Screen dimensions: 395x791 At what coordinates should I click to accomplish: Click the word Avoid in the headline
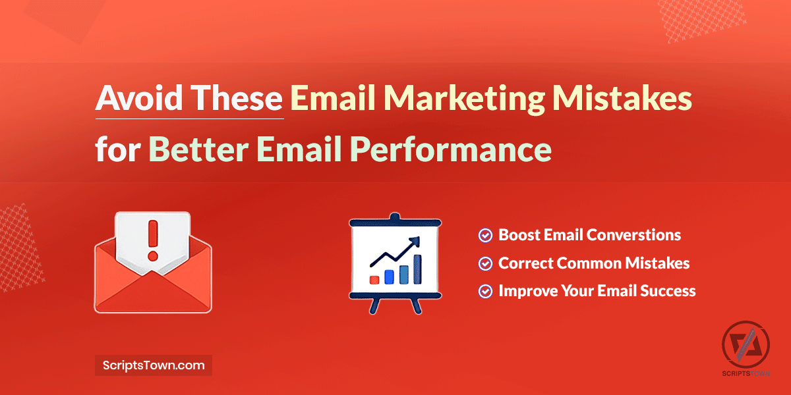(135, 99)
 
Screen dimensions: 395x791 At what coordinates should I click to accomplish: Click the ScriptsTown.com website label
(154, 365)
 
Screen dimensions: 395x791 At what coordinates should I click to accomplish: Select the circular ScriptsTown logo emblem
(746, 345)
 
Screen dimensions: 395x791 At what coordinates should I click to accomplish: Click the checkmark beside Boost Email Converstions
(485, 235)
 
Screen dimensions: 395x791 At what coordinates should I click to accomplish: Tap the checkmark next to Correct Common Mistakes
(485, 263)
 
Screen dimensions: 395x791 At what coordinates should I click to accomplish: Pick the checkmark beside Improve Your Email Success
(485, 291)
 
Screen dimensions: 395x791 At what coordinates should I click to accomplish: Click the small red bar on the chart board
(374, 279)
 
